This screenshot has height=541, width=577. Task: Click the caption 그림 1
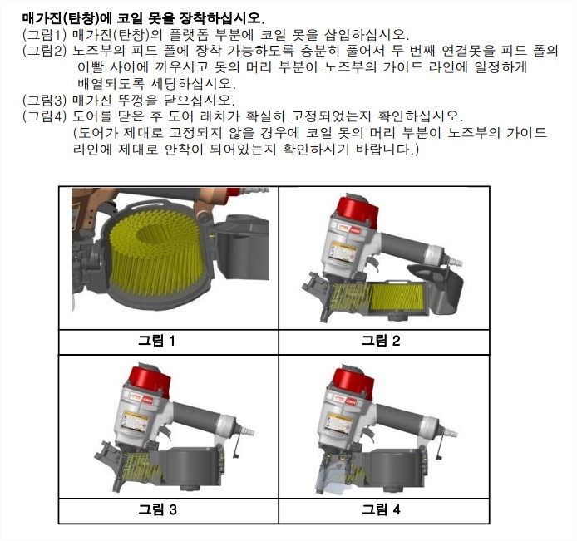tap(156, 341)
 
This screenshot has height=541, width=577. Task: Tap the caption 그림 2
tap(381, 341)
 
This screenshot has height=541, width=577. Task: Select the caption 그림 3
tap(157, 509)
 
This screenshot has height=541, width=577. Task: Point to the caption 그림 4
tap(381, 509)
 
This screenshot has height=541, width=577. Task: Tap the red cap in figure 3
tap(150, 381)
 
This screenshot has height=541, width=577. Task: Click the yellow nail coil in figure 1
tap(155, 251)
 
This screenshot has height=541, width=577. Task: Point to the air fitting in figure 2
tap(455, 261)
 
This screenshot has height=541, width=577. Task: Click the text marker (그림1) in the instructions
tap(45, 34)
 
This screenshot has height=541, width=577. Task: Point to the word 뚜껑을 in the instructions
tap(138, 100)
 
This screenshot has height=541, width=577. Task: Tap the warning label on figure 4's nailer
tap(338, 423)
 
